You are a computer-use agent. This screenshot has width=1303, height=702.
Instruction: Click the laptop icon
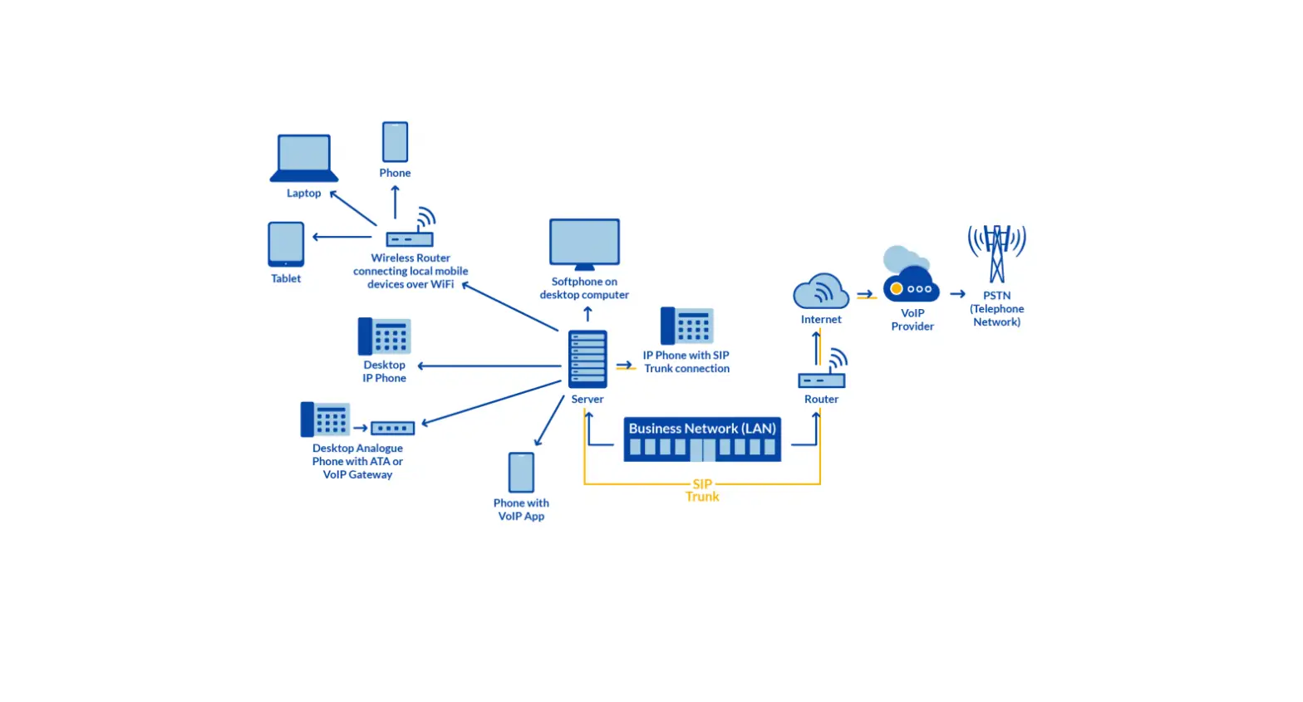tap(304, 158)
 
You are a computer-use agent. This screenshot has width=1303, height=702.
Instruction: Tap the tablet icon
tap(286, 244)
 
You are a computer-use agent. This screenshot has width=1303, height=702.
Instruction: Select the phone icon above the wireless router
tap(395, 142)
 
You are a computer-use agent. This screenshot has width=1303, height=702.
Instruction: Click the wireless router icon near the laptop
tap(411, 236)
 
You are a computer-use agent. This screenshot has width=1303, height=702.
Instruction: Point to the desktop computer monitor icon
tap(584, 243)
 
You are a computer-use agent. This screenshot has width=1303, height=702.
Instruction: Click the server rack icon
tap(588, 359)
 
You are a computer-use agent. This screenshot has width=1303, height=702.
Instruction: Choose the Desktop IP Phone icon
tap(384, 336)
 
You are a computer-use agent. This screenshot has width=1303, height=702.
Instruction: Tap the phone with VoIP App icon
tap(521, 473)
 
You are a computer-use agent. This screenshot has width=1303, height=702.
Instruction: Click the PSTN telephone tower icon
tap(996, 253)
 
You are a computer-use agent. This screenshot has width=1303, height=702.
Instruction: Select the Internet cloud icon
tap(821, 292)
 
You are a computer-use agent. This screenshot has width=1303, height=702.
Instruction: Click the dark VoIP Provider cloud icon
tap(912, 286)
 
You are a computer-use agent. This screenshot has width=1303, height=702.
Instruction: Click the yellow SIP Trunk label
tap(702, 490)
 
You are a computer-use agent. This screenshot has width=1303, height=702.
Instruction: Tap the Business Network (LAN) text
tap(702, 429)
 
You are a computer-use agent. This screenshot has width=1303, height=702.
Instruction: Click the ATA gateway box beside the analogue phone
tap(392, 429)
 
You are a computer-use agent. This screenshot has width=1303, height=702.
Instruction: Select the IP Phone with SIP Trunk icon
tap(686, 326)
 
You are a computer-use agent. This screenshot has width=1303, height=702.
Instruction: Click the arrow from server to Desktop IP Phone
tap(490, 366)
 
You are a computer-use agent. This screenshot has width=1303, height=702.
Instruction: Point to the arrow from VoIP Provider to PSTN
tap(957, 294)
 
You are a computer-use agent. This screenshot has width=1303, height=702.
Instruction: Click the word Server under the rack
tap(588, 400)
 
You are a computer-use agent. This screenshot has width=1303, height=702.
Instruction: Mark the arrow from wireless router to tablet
tap(342, 237)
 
